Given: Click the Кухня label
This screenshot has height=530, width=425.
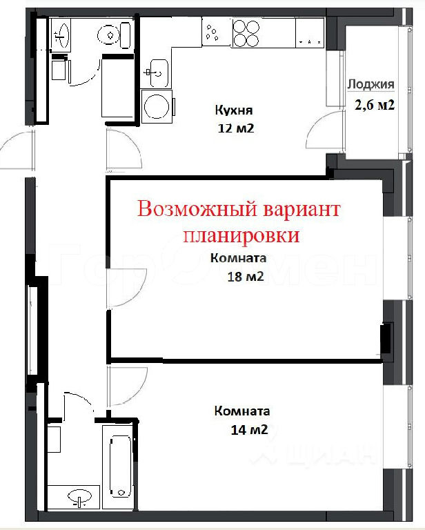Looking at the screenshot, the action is tap(234, 110).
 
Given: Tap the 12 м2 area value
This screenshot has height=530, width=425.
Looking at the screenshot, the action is tap(236, 128).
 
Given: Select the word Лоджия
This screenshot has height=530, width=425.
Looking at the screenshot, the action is tap(371, 84).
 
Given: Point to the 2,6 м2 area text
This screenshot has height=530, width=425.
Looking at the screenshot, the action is tap(375, 105).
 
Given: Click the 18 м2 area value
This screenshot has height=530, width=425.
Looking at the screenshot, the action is tap(246, 277).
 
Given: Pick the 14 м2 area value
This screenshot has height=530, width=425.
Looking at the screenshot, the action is tap(249, 430).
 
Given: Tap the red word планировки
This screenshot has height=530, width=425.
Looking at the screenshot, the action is tap(241, 235).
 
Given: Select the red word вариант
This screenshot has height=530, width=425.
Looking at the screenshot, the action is tap(302, 210).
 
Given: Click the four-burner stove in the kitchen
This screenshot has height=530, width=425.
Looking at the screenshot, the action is tap(246, 33).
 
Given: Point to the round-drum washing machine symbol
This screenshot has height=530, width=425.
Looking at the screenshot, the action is tap(157, 106).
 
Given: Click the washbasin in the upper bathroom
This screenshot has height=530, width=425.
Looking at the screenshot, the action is tap(61, 35).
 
